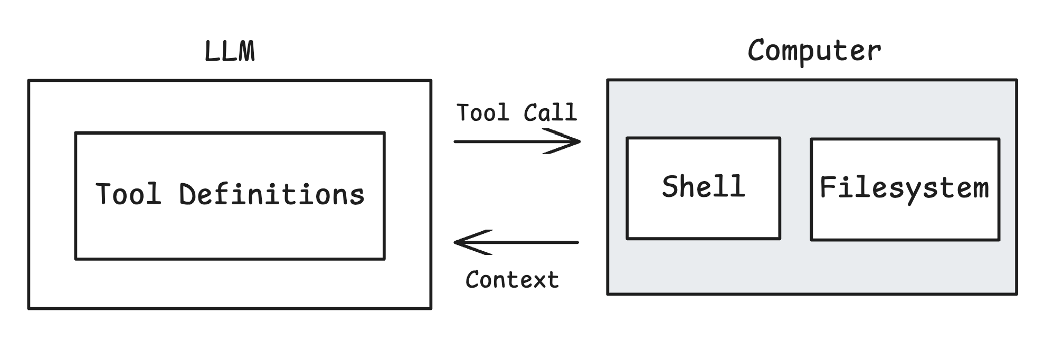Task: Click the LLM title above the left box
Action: pyautogui.click(x=230, y=52)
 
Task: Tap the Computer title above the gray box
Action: pyautogui.click(x=814, y=51)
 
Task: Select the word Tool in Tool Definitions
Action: pyautogui.click(x=128, y=194)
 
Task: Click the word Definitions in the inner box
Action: pyautogui.click(x=272, y=194)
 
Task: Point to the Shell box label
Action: pyautogui.click(x=703, y=187)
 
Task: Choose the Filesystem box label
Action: pyautogui.click(x=904, y=188)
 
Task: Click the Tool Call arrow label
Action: pyautogui.click(x=517, y=113)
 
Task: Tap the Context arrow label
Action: pyautogui.click(x=512, y=280)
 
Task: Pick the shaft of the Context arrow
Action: pyautogui.click(x=528, y=242)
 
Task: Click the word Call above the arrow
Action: pyautogui.click(x=550, y=113)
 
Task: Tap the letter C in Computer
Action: pyautogui.click(x=758, y=51)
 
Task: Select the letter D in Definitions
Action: pyautogui.click(x=188, y=194)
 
